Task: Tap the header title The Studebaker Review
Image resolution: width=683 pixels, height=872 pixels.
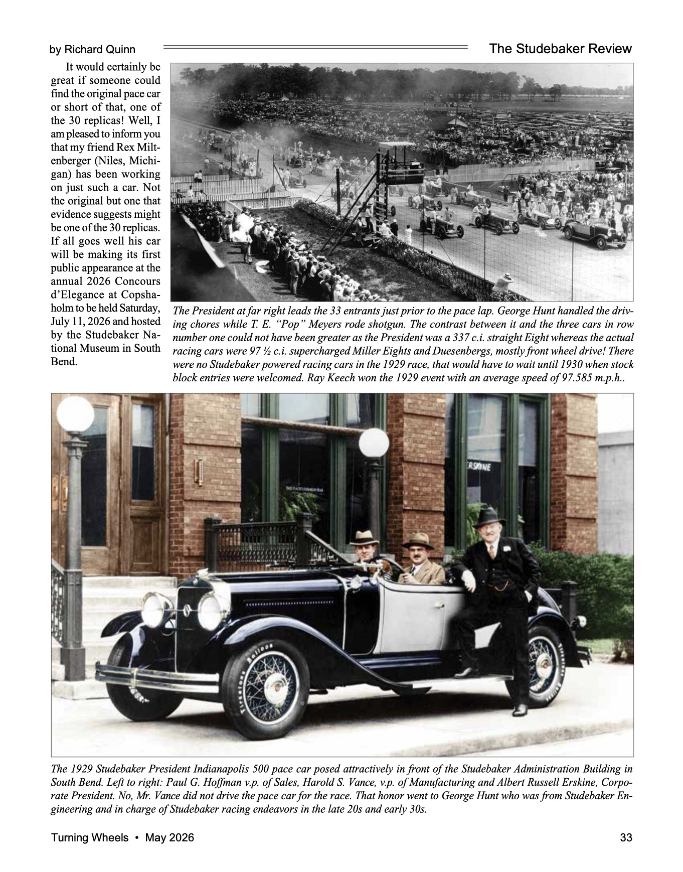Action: [x=560, y=49]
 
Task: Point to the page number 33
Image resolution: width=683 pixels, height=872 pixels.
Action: [x=626, y=838]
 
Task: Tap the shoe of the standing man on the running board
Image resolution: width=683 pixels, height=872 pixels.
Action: [x=520, y=710]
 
